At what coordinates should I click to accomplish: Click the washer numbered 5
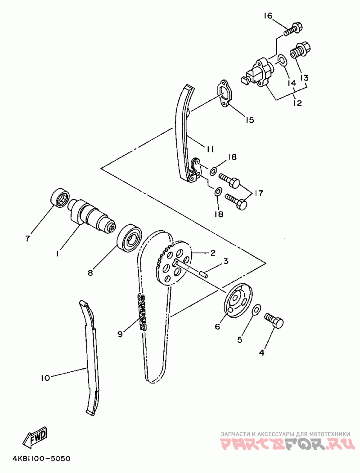pyautogui.click(x=256, y=309)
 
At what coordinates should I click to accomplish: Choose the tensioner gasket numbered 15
pyautogui.click(x=224, y=94)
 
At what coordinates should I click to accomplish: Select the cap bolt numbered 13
pyautogui.click(x=301, y=51)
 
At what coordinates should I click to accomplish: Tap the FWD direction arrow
pyautogui.click(x=35, y=436)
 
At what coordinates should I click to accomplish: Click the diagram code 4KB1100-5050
pyautogui.click(x=41, y=459)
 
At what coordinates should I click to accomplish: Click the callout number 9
pyautogui.click(x=120, y=334)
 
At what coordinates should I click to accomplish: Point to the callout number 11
pyautogui.click(x=210, y=149)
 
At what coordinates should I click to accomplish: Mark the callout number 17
pyautogui.click(x=258, y=193)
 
